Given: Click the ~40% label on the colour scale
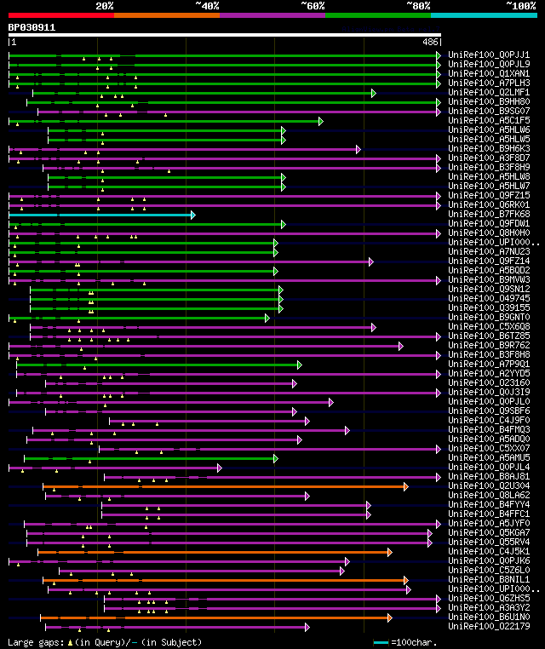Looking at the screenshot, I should pos(207,6).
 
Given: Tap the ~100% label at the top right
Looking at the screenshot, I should pos(520,6).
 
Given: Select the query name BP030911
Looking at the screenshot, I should pos(32,27).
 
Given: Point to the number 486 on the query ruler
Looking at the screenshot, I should pos(430,41).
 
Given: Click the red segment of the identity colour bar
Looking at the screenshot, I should pos(60,14).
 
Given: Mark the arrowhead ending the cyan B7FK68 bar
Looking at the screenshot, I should pos(193,215).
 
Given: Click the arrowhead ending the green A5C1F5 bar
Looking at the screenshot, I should pos(321,121).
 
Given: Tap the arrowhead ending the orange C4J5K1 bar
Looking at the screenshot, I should pos(390,552).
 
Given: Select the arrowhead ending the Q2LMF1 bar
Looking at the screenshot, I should pos(373,93).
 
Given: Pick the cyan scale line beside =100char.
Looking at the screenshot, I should pos(380,642).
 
